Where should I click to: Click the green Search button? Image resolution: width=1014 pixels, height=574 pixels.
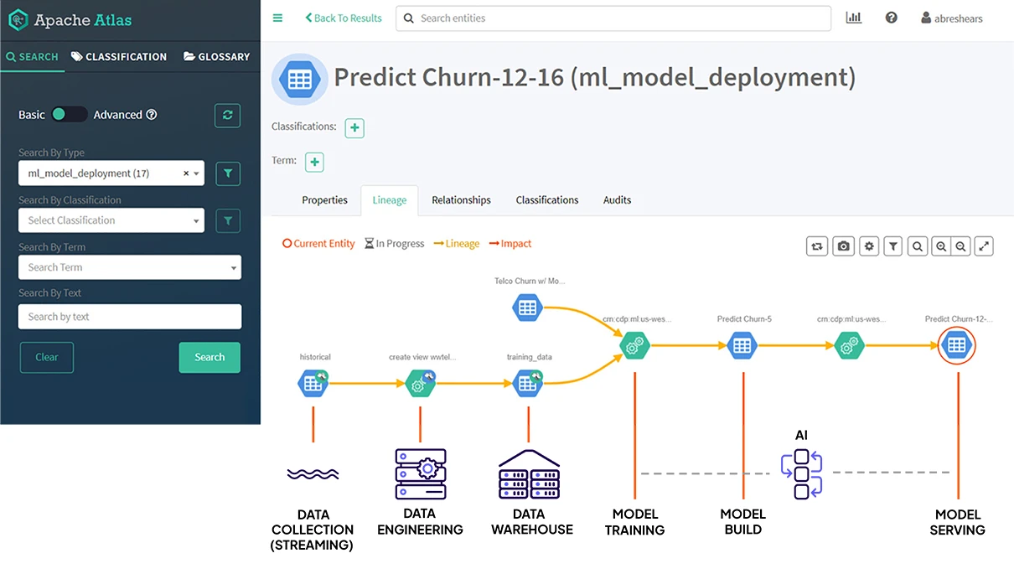tap(209, 357)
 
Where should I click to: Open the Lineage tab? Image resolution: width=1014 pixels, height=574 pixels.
tap(390, 200)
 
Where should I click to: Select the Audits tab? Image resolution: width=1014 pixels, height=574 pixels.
tap(617, 200)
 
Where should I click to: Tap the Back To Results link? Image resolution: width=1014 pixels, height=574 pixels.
tap(343, 18)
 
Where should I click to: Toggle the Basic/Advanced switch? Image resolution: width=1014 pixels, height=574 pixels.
tap(70, 115)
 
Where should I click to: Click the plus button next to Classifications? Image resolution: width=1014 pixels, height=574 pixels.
tap(354, 128)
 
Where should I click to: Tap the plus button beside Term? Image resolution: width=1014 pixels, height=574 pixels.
tap(314, 162)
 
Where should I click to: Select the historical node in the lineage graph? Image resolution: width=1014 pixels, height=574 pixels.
tap(313, 384)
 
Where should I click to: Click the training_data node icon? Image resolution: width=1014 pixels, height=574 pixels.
tap(527, 384)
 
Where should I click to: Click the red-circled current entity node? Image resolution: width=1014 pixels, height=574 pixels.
tap(956, 344)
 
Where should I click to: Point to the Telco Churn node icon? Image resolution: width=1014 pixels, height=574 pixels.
tap(527, 308)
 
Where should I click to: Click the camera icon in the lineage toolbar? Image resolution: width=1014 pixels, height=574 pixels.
tap(843, 246)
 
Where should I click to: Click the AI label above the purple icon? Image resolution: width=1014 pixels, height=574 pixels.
tap(801, 435)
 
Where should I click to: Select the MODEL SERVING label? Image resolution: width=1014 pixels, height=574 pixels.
tap(957, 522)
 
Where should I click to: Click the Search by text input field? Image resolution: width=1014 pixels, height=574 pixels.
tap(129, 317)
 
